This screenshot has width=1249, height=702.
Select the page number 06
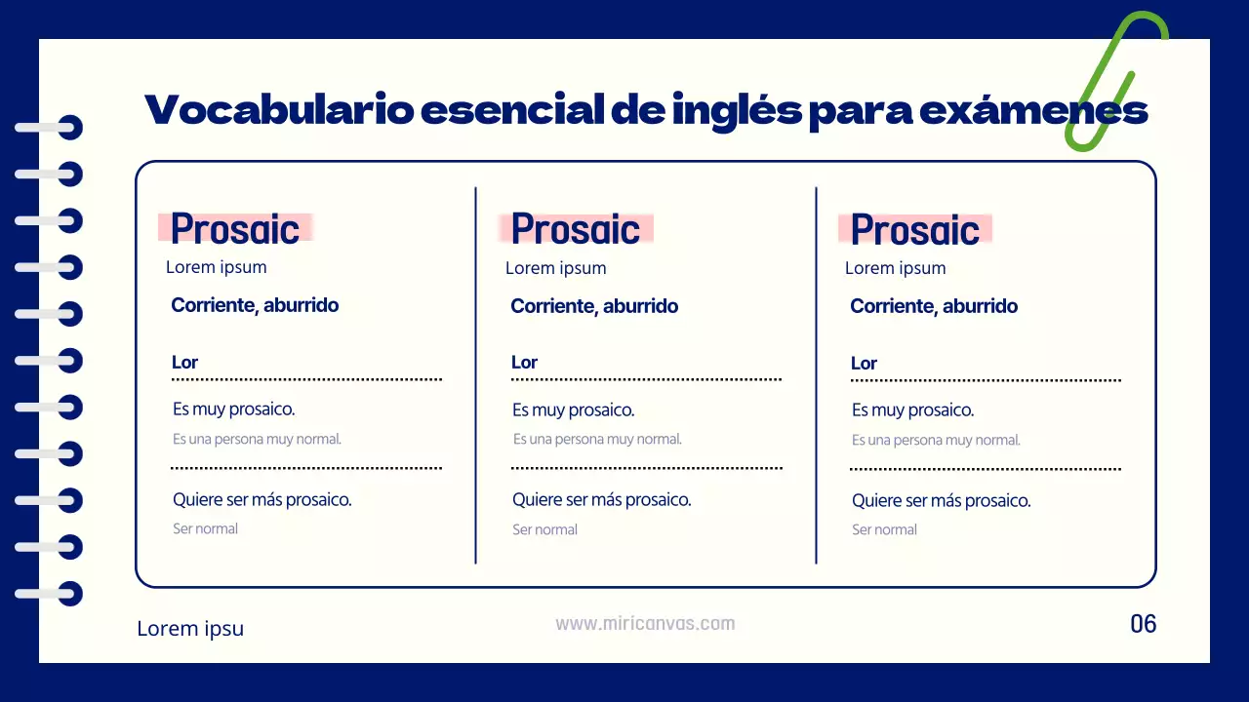tap(1143, 624)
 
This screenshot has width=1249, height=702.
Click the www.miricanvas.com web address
tap(645, 624)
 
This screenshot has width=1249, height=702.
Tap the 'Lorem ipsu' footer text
tap(190, 629)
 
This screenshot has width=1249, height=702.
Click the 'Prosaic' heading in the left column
tap(235, 229)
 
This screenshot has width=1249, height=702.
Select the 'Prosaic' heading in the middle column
tap(575, 229)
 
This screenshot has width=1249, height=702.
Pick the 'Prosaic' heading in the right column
tap(914, 230)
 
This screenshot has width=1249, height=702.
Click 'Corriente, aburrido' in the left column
tap(255, 305)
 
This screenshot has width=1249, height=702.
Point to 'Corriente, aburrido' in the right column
tap(934, 306)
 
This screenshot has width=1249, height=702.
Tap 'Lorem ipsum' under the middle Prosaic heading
tap(555, 268)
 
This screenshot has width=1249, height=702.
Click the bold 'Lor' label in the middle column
tap(524, 363)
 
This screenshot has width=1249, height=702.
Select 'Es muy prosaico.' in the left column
tap(233, 409)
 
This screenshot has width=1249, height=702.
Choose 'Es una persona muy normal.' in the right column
tap(936, 441)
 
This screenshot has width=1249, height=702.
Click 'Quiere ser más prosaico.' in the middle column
tap(601, 500)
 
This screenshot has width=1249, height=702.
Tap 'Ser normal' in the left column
tap(205, 529)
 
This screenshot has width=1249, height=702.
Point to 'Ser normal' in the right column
tap(884, 530)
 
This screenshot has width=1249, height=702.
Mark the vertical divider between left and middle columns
tap(476, 375)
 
